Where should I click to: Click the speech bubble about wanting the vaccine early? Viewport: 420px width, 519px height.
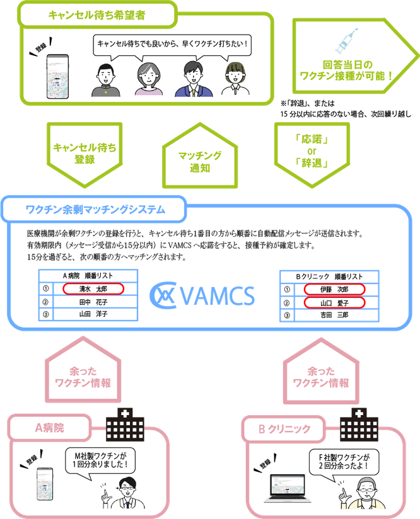click(x=170, y=44)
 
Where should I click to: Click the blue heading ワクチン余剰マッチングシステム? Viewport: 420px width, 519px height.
click(x=95, y=208)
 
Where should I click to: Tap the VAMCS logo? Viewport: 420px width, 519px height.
click(x=202, y=295)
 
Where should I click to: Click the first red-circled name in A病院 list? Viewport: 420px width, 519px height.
click(x=93, y=288)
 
